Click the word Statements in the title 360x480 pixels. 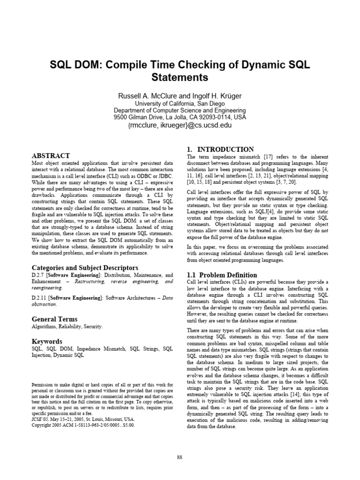click(180, 77)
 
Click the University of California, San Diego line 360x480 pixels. click(180, 104)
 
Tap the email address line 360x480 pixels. click(180, 125)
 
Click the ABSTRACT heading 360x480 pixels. click(51, 156)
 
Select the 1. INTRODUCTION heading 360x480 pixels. click(220, 150)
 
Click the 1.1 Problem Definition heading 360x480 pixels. click(222, 275)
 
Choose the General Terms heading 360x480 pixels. click(54, 319)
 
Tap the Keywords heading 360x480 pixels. click(47, 342)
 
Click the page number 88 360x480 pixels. click(180, 458)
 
